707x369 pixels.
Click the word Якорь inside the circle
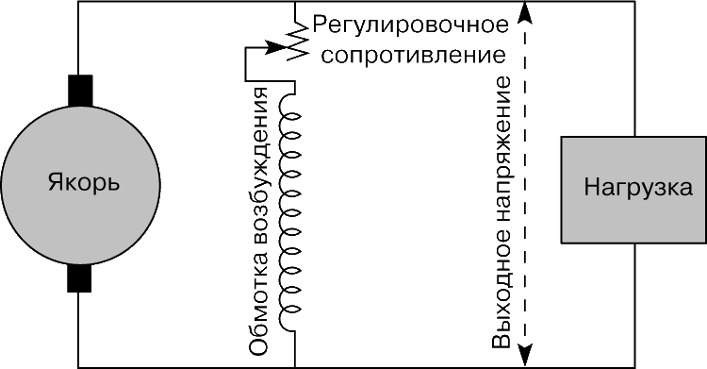coord(84,184)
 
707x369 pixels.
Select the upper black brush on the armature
coord(80,91)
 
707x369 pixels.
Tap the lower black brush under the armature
coord(79,278)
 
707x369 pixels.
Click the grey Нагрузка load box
coord(634,190)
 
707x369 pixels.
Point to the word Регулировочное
coord(410,25)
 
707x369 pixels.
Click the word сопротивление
coord(414,55)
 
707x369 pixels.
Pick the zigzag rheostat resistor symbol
coord(299,41)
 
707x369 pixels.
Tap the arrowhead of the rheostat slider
coord(276,46)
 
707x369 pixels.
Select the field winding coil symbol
coord(289,208)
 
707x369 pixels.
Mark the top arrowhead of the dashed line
coord(524,12)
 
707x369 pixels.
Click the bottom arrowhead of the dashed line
coord(525,355)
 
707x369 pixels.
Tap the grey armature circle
coord(80,185)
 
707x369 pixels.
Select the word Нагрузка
coord(638,187)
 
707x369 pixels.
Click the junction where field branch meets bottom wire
coord(295,367)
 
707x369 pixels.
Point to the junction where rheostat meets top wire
coord(295,2)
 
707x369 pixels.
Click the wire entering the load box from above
coord(634,70)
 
